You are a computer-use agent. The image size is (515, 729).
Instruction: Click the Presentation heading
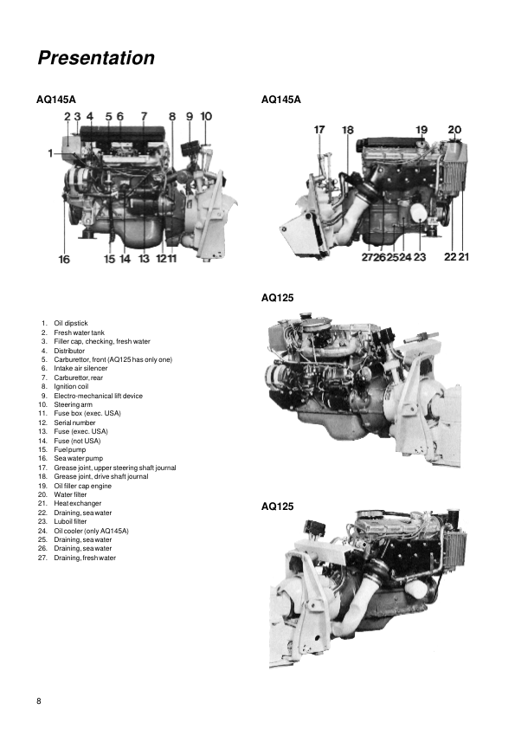coord(96,58)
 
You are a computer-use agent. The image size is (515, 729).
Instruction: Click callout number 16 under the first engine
coord(64,259)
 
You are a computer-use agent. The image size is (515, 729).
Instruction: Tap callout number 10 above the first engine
coord(206,116)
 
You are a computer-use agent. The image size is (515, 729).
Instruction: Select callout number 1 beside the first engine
coord(51,152)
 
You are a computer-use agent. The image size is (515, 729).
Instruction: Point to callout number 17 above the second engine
coord(319,130)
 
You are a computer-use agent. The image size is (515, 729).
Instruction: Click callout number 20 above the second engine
coord(454,130)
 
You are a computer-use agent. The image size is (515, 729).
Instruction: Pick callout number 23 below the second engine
coord(420,256)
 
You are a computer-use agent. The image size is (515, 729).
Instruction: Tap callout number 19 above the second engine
coord(422,130)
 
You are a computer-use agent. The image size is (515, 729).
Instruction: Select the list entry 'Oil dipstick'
coord(71,323)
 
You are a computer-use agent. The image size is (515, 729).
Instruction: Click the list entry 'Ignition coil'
coord(71,386)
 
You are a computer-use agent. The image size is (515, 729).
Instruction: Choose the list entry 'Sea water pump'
coord(79,458)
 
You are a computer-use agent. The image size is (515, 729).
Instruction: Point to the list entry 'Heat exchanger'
coord(78,504)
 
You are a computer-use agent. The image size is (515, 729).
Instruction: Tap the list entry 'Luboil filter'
coord(70,522)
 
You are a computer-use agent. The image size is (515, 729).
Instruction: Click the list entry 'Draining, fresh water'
coord(85,558)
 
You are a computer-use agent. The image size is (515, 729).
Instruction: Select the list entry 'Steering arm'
coord(73,404)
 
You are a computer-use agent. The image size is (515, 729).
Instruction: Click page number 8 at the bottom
coord(39,701)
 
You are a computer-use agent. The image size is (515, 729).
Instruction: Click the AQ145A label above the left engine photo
coord(55,100)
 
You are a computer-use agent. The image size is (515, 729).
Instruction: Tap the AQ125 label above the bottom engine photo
coord(278,506)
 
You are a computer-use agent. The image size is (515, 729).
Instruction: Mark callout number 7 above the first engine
coord(144,116)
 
